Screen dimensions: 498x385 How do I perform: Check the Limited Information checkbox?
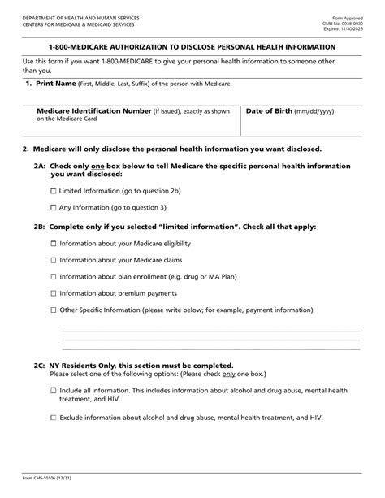pyautogui.click(x=54, y=190)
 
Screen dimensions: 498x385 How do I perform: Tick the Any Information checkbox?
pyautogui.click(x=54, y=208)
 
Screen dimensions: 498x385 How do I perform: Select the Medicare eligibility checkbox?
pyautogui.click(x=54, y=244)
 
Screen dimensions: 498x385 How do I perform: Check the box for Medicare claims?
pyautogui.click(x=54, y=260)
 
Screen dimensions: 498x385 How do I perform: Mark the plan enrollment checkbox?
pyautogui.click(x=54, y=277)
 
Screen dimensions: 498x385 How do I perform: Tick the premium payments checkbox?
pyautogui.click(x=54, y=293)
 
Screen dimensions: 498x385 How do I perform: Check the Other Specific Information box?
pyautogui.click(x=54, y=310)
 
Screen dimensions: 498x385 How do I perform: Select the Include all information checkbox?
pyautogui.click(x=54, y=391)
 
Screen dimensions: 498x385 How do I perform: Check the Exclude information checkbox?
pyautogui.click(x=54, y=418)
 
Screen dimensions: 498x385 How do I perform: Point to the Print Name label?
pyautogui.click(x=55, y=84)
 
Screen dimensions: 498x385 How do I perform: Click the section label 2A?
pyautogui.click(x=40, y=165)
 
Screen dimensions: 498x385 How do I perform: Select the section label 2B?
pyautogui.click(x=40, y=227)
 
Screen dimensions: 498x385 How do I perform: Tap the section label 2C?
pyautogui.click(x=40, y=366)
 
